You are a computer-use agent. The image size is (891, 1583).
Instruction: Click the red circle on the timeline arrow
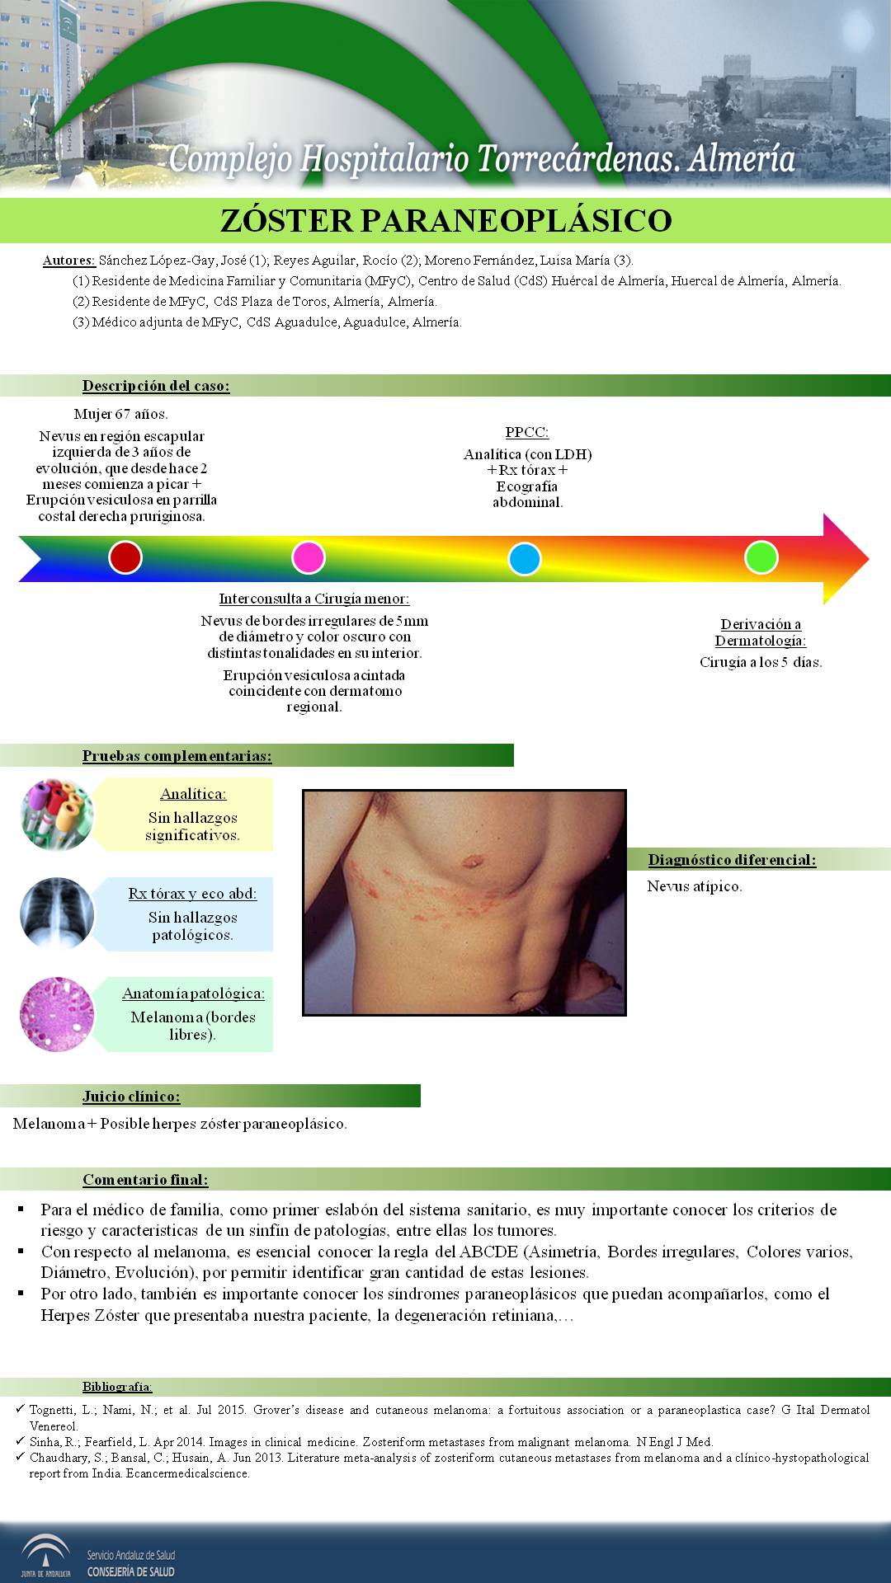[x=125, y=558]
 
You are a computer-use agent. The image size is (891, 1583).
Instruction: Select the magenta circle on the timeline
[x=309, y=558]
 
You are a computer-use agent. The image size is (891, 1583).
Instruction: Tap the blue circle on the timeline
[x=524, y=559]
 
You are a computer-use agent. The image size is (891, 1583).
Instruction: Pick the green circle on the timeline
[x=761, y=557]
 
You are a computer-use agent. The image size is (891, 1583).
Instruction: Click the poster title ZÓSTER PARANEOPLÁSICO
[x=445, y=221]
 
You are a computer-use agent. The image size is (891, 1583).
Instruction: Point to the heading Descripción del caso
[x=156, y=386]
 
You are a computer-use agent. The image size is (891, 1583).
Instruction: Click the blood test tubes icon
[x=57, y=815]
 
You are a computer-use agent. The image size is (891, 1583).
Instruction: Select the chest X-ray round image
[x=57, y=914]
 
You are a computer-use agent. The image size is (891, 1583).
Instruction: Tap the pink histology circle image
[x=57, y=1014]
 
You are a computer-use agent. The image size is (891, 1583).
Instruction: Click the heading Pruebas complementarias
[x=177, y=756]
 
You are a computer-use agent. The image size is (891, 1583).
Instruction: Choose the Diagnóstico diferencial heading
[x=732, y=860]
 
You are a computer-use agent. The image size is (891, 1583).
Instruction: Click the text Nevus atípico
[x=695, y=886]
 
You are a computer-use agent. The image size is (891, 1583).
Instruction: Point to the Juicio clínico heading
[x=131, y=1097]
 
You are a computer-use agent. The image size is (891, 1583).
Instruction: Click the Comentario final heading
[x=145, y=1180]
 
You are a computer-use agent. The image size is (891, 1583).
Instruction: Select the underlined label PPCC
[x=527, y=433]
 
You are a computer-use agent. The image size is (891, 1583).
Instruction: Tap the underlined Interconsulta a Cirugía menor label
[x=314, y=599]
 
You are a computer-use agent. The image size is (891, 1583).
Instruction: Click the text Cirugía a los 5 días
[x=761, y=662]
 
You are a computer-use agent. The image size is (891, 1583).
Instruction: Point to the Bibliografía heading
[x=117, y=1387]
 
